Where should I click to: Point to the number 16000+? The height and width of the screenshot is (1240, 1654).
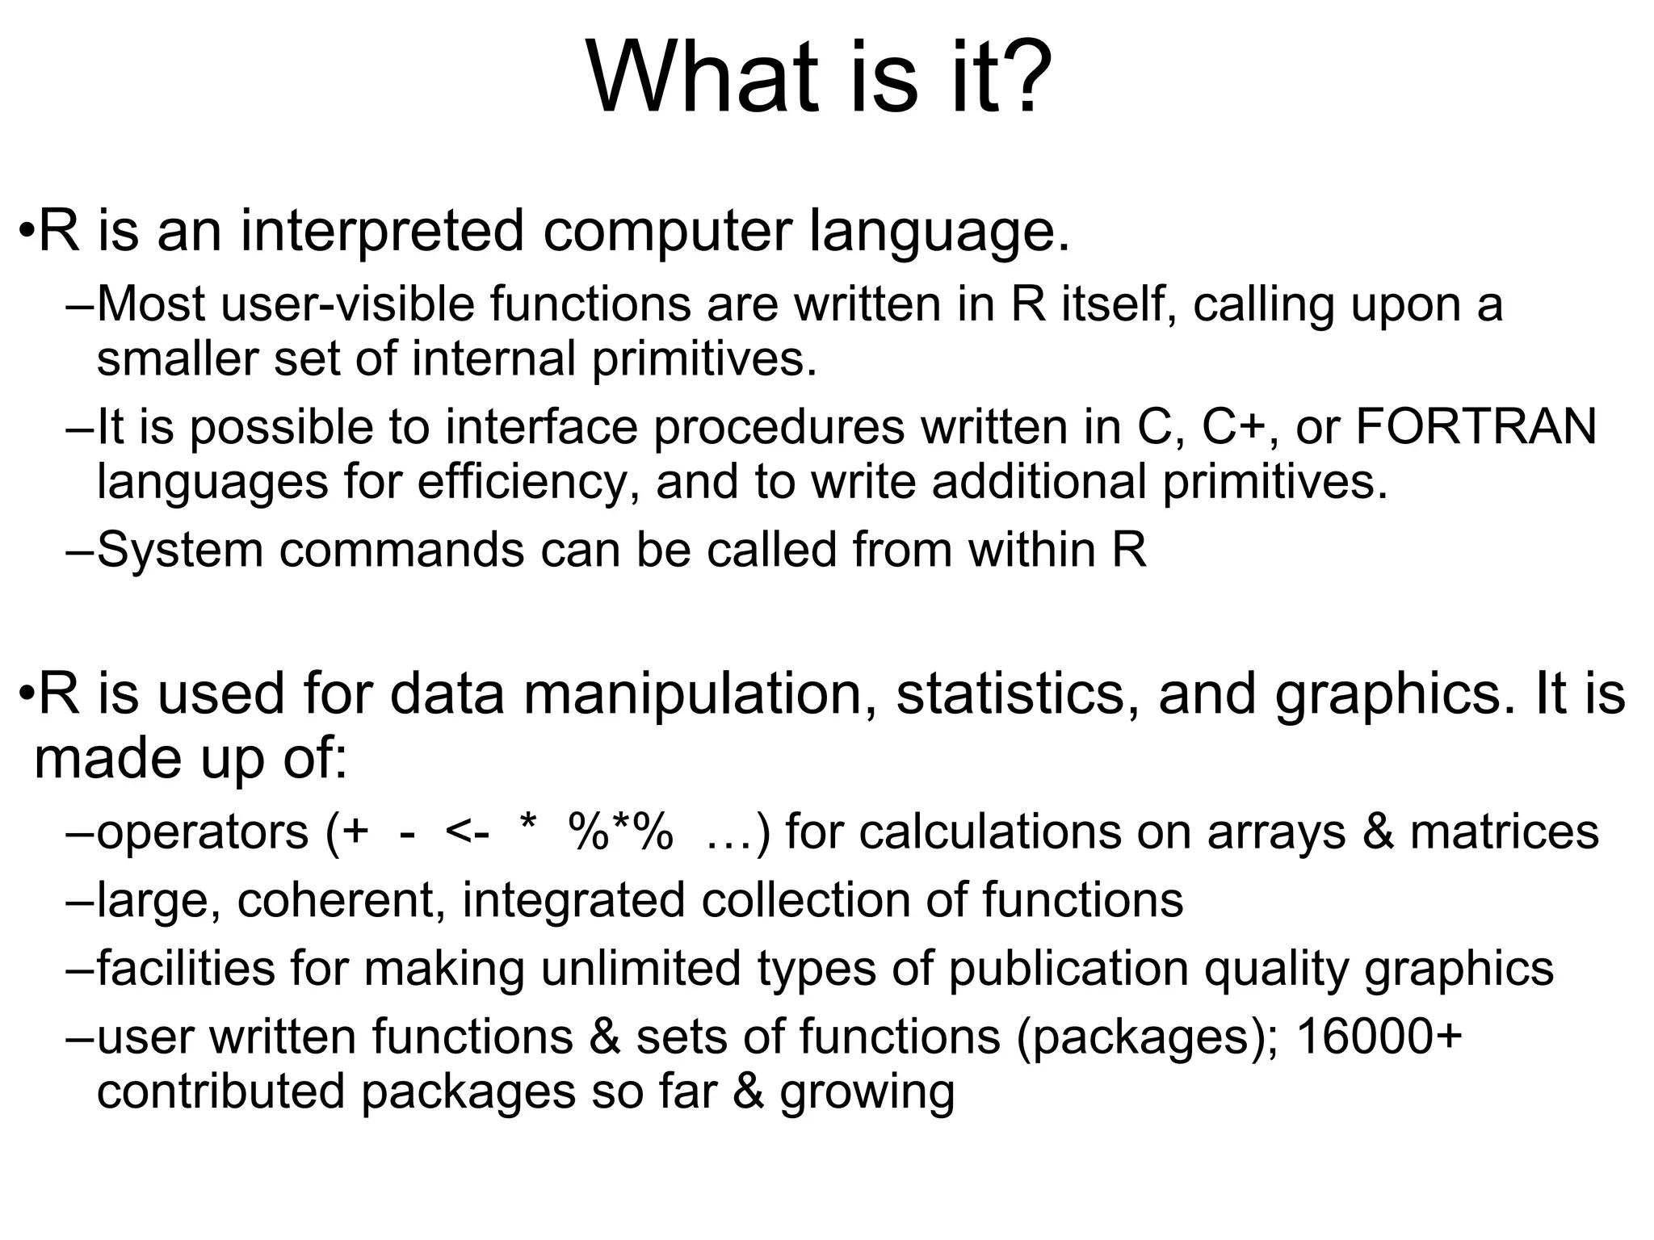(x=1379, y=1037)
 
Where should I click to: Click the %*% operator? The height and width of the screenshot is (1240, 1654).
(x=620, y=832)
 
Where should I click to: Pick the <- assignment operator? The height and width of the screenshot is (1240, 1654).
(x=467, y=833)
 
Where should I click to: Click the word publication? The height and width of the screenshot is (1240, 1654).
(x=1068, y=969)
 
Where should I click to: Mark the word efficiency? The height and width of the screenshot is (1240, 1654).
(x=522, y=483)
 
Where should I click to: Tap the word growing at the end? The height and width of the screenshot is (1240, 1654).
(x=867, y=1093)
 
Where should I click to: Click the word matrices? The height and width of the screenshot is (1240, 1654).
(x=1504, y=832)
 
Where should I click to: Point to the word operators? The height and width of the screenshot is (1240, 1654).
(x=203, y=833)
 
